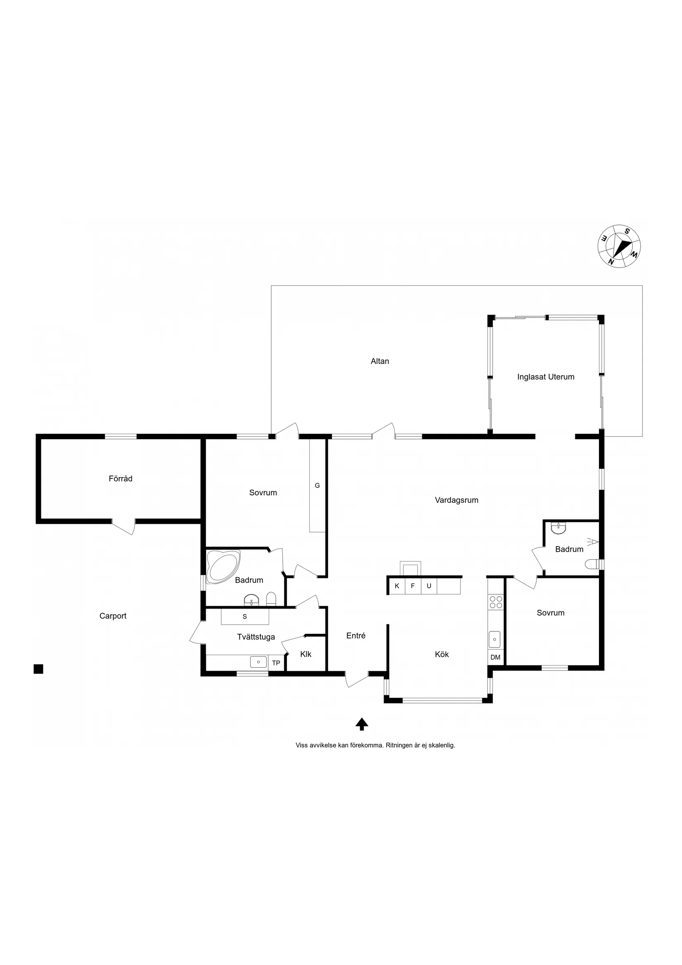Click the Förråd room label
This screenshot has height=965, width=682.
pyautogui.click(x=121, y=478)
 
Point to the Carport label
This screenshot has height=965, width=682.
pyautogui.click(x=112, y=616)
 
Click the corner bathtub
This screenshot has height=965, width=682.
pyautogui.click(x=223, y=566)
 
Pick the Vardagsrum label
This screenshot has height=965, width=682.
pyautogui.click(x=456, y=500)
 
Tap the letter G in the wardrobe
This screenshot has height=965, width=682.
pyautogui.click(x=317, y=485)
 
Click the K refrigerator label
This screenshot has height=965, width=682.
pyautogui.click(x=397, y=585)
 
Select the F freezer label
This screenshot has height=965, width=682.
pyautogui.click(x=413, y=585)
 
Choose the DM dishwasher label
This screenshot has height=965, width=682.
pyautogui.click(x=496, y=657)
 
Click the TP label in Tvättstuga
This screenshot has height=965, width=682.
pyautogui.click(x=276, y=663)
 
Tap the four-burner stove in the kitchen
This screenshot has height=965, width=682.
pyautogui.click(x=496, y=602)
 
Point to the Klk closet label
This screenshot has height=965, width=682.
pyautogui.click(x=305, y=654)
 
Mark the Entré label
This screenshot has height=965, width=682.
pyautogui.click(x=355, y=635)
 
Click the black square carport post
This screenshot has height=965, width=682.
pyautogui.click(x=38, y=669)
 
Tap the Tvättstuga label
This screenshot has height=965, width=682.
pyautogui.click(x=256, y=637)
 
